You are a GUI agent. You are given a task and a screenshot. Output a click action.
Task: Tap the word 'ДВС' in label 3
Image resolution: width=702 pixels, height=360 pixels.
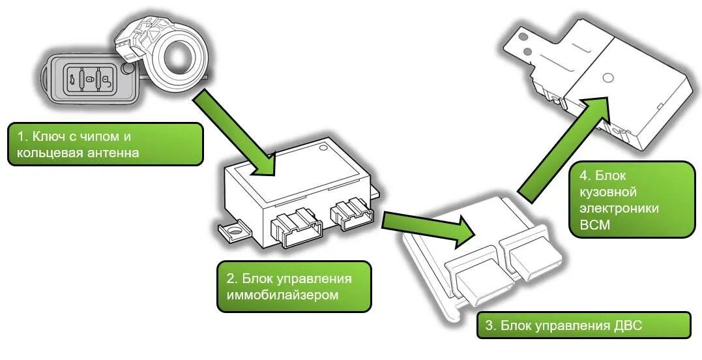point(626,325)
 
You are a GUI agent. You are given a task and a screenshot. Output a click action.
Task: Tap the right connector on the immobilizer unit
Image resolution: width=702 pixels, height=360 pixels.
point(353,214)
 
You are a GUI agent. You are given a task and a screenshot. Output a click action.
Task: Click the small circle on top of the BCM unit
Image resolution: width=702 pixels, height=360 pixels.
point(608,78)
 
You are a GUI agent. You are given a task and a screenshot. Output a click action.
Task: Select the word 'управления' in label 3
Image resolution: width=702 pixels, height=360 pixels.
point(569,325)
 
